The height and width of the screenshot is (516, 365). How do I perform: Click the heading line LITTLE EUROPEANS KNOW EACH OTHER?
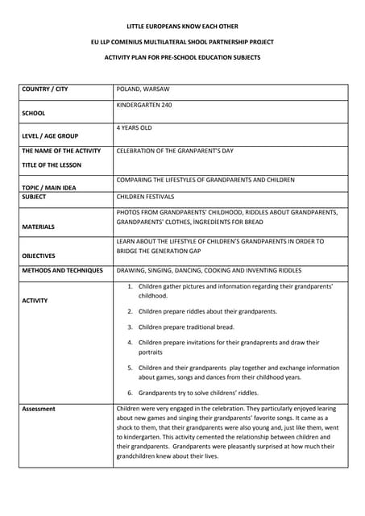(182, 27)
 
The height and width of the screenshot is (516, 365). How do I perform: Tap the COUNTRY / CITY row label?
(45, 89)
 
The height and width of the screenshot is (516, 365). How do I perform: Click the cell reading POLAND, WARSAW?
(143, 89)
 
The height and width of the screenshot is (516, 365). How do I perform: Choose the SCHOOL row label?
(34, 113)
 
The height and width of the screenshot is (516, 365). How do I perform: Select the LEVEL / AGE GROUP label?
(50, 135)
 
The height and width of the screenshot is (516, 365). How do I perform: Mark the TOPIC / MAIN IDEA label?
(49, 187)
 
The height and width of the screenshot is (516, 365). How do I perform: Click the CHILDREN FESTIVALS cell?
(145, 196)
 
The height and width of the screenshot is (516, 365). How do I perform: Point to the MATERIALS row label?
(39, 227)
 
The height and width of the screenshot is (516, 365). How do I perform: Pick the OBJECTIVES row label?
(39, 256)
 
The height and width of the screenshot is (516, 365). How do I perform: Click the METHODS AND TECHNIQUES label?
(63, 270)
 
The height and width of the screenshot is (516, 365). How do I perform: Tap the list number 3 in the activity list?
(130, 327)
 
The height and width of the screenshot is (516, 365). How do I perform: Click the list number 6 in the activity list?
(130, 393)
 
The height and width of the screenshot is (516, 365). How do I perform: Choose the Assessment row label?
(39, 409)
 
